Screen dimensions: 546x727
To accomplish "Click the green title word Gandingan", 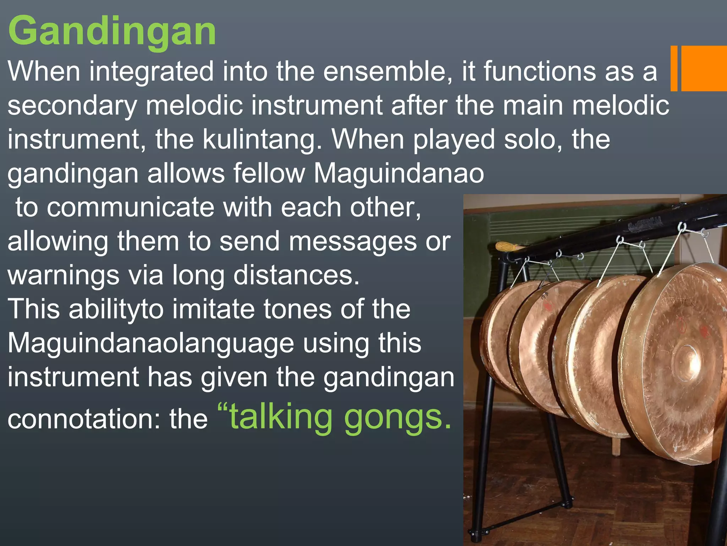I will click(x=112, y=31).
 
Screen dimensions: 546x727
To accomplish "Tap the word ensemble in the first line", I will click(x=388, y=71).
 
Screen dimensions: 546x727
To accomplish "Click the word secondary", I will click(x=72, y=106).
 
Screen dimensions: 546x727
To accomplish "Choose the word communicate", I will click(x=131, y=207).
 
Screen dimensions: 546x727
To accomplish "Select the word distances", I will click(x=296, y=275).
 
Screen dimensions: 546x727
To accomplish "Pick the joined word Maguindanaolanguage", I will click(x=151, y=343).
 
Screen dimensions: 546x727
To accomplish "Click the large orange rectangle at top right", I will click(x=704, y=68).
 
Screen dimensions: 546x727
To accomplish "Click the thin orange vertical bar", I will click(x=674, y=68).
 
